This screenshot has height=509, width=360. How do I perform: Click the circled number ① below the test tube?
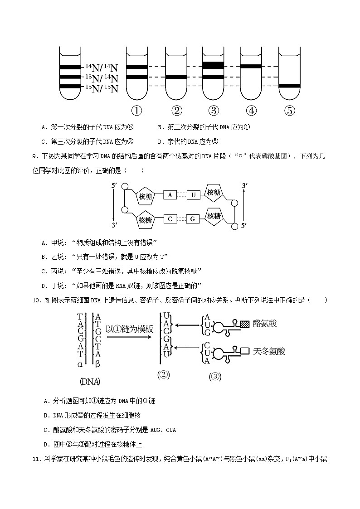(136, 111)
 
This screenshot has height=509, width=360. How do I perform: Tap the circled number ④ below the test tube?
(252, 111)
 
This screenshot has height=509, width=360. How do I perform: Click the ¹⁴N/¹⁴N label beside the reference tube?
(102, 68)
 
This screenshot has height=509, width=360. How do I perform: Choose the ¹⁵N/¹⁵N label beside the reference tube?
(102, 88)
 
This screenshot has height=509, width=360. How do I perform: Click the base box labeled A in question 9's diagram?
(170, 195)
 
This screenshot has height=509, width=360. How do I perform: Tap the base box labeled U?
(193, 195)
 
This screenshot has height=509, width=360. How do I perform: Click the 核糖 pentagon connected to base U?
(214, 193)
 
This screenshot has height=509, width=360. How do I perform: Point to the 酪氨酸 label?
(265, 323)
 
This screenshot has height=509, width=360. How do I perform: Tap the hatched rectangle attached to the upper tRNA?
(245, 324)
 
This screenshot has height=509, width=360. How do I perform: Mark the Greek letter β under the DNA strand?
(97, 364)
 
